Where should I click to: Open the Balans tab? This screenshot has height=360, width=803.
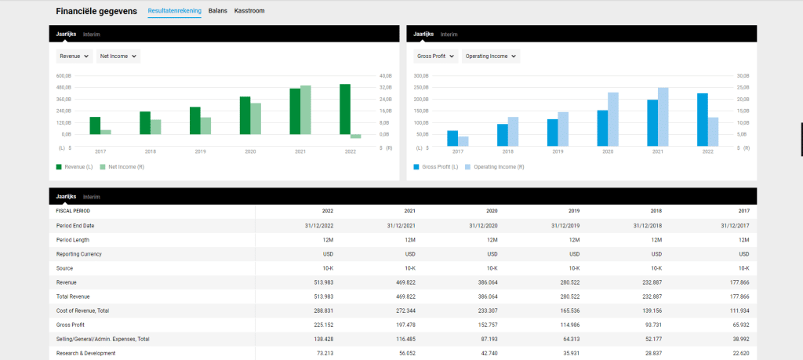click(218, 11)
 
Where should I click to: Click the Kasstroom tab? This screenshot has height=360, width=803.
click(249, 11)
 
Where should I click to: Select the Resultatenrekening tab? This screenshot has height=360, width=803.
click(175, 11)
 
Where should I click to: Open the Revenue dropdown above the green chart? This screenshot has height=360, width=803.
click(74, 56)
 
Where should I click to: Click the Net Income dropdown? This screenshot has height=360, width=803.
click(118, 56)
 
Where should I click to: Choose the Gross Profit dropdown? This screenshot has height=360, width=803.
click(436, 56)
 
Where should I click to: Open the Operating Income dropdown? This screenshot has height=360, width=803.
click(491, 56)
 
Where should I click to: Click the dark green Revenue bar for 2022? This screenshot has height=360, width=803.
click(345, 109)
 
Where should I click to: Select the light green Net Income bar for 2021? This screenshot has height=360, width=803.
click(306, 110)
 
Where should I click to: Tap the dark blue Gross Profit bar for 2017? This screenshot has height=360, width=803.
click(452, 138)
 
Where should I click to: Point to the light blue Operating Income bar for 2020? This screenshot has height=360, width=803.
click(613, 119)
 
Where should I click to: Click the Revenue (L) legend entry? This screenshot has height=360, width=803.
click(74, 167)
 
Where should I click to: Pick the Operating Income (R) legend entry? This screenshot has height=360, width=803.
click(495, 167)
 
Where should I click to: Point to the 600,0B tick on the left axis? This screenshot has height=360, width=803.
click(64, 76)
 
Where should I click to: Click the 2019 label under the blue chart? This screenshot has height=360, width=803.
click(558, 151)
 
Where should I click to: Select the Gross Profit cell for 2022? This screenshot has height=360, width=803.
click(323, 325)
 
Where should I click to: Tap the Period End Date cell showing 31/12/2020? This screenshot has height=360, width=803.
click(483, 226)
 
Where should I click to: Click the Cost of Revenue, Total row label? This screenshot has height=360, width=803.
click(82, 311)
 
